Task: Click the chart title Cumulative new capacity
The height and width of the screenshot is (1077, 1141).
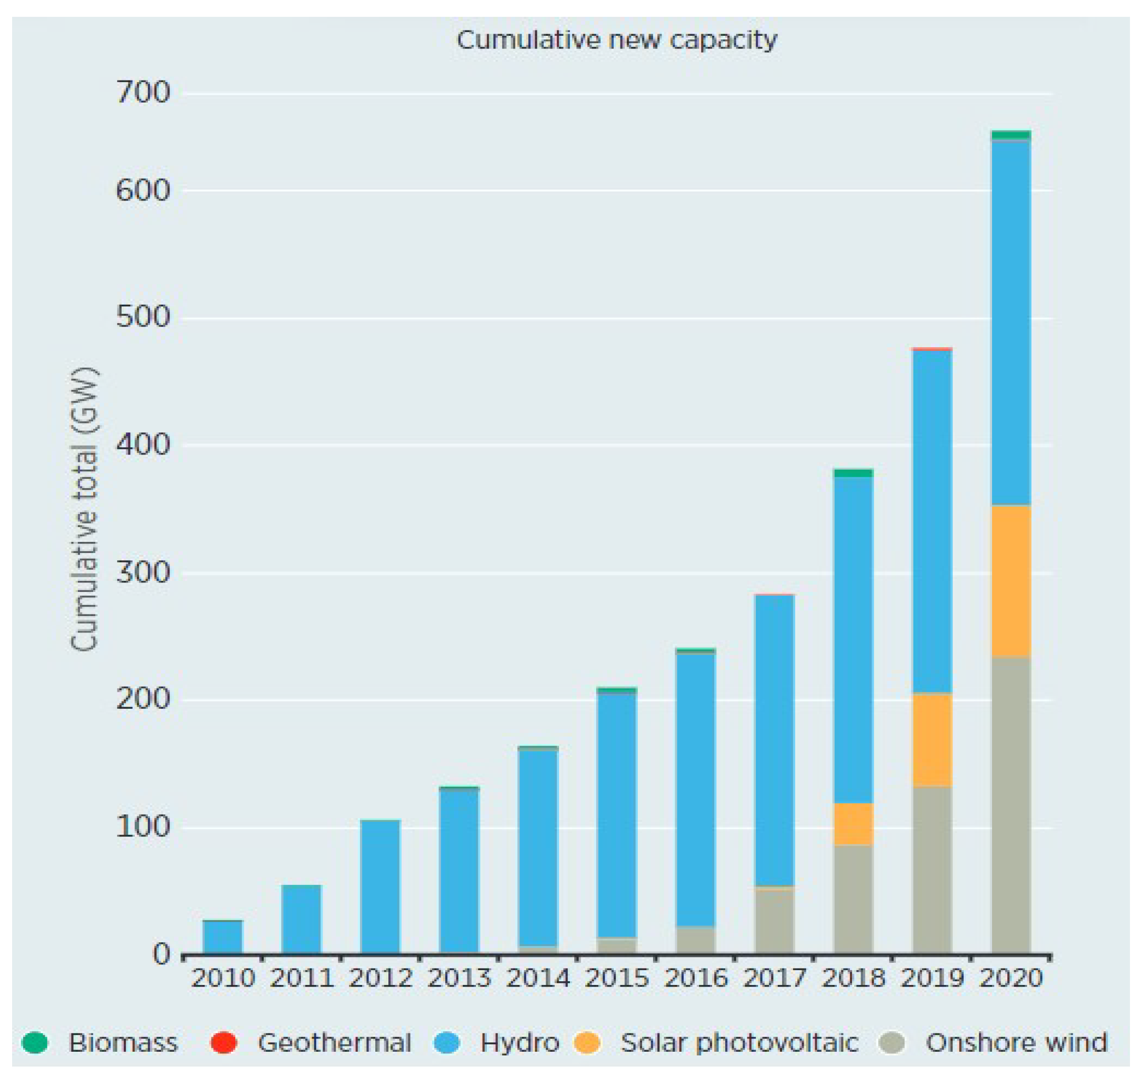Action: pos(616,41)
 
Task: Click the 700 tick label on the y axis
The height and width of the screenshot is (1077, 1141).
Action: pos(143,93)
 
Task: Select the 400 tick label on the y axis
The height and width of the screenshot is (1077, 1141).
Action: pos(143,445)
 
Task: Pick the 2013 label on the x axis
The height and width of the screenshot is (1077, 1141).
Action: pos(459,978)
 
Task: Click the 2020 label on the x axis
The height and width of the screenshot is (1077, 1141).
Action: pos(1010,978)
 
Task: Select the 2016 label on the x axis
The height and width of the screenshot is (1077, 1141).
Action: pos(696,978)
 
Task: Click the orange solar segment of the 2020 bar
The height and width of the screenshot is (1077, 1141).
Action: pos(1010,580)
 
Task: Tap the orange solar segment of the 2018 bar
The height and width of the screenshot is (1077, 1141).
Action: pos(853,823)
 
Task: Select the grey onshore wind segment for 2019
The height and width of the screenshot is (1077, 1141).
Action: pos(932,869)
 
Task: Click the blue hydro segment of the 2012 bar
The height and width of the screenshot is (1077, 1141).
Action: pos(380,887)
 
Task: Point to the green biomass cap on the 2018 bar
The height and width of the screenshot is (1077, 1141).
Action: pos(853,472)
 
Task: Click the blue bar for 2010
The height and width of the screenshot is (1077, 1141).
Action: pos(223,937)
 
